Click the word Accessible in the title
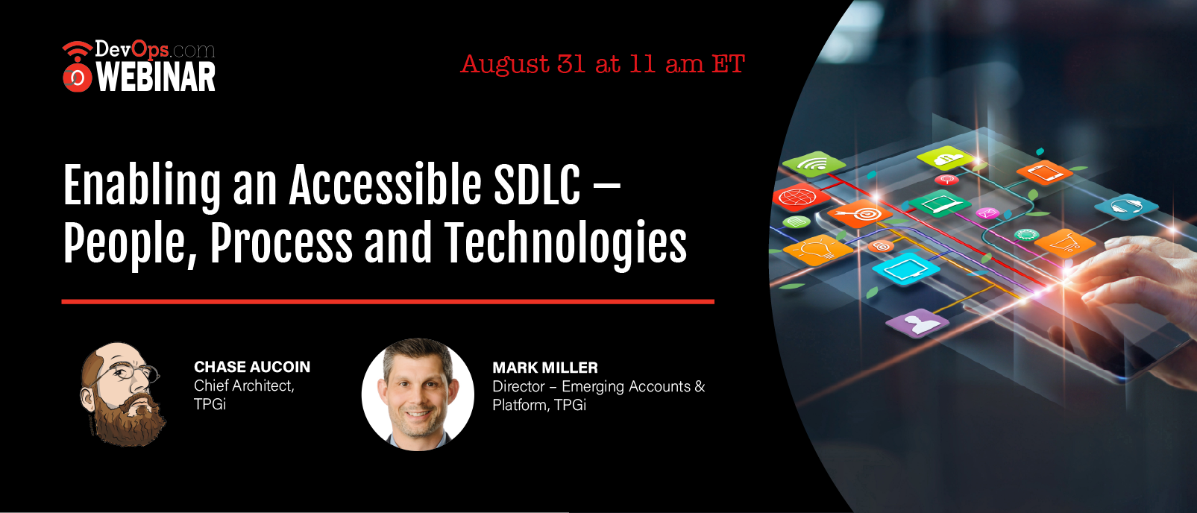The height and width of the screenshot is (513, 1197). pyautogui.click(x=385, y=184)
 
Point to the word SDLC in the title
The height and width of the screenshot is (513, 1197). pyautogui.click(x=537, y=184)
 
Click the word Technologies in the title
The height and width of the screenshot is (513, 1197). pyautogui.click(x=565, y=244)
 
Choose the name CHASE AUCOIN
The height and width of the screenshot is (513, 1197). pyautogui.click(x=251, y=367)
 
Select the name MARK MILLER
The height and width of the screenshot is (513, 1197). pyautogui.click(x=545, y=368)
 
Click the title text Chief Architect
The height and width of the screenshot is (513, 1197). pyautogui.click(x=244, y=385)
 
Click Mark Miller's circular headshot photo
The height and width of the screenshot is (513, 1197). pyautogui.click(x=418, y=394)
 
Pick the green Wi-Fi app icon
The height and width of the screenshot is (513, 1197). pyautogui.click(x=814, y=164)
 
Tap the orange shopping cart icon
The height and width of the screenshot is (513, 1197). pyautogui.click(x=1065, y=244)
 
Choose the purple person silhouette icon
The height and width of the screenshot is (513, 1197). pyautogui.click(x=917, y=324)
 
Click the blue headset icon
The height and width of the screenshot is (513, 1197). pyautogui.click(x=1126, y=207)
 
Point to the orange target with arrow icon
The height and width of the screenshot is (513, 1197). pyautogui.click(x=859, y=214)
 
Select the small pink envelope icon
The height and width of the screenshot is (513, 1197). pyautogui.click(x=987, y=213)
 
